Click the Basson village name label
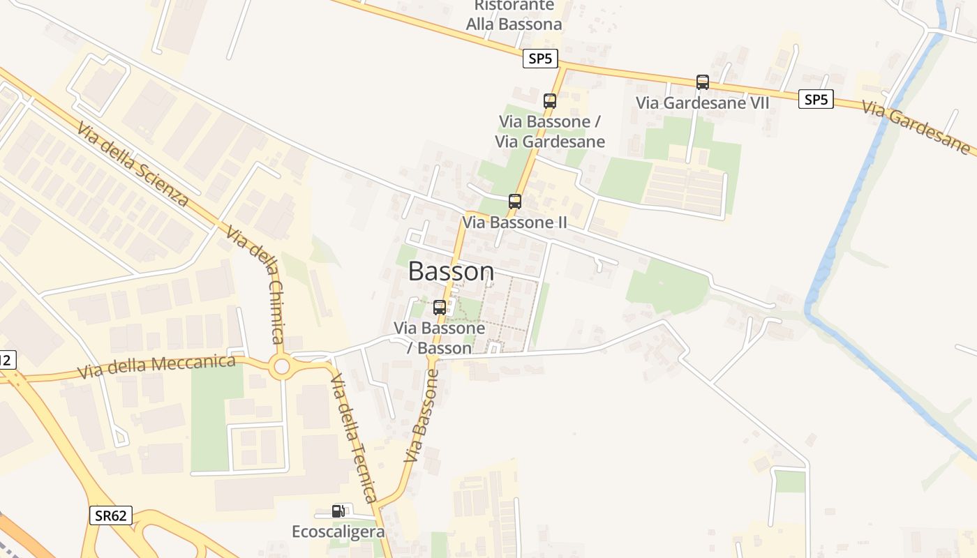click(451, 271)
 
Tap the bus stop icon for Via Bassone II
click(515, 202)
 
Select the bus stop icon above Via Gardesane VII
click(703, 82)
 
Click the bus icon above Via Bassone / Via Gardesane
click(550, 101)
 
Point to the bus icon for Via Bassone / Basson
click(440, 307)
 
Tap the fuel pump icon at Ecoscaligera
click(338, 511)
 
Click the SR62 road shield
click(111, 515)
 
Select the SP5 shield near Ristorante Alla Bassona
click(540, 59)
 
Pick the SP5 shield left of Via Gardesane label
click(816, 99)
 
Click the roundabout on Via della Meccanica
click(282, 366)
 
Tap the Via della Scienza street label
click(133, 165)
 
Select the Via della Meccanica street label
click(156, 366)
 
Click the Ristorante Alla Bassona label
click(514, 15)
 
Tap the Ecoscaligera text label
click(338, 531)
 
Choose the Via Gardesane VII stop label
click(702, 103)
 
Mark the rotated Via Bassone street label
click(422, 416)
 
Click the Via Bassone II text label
click(514, 223)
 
